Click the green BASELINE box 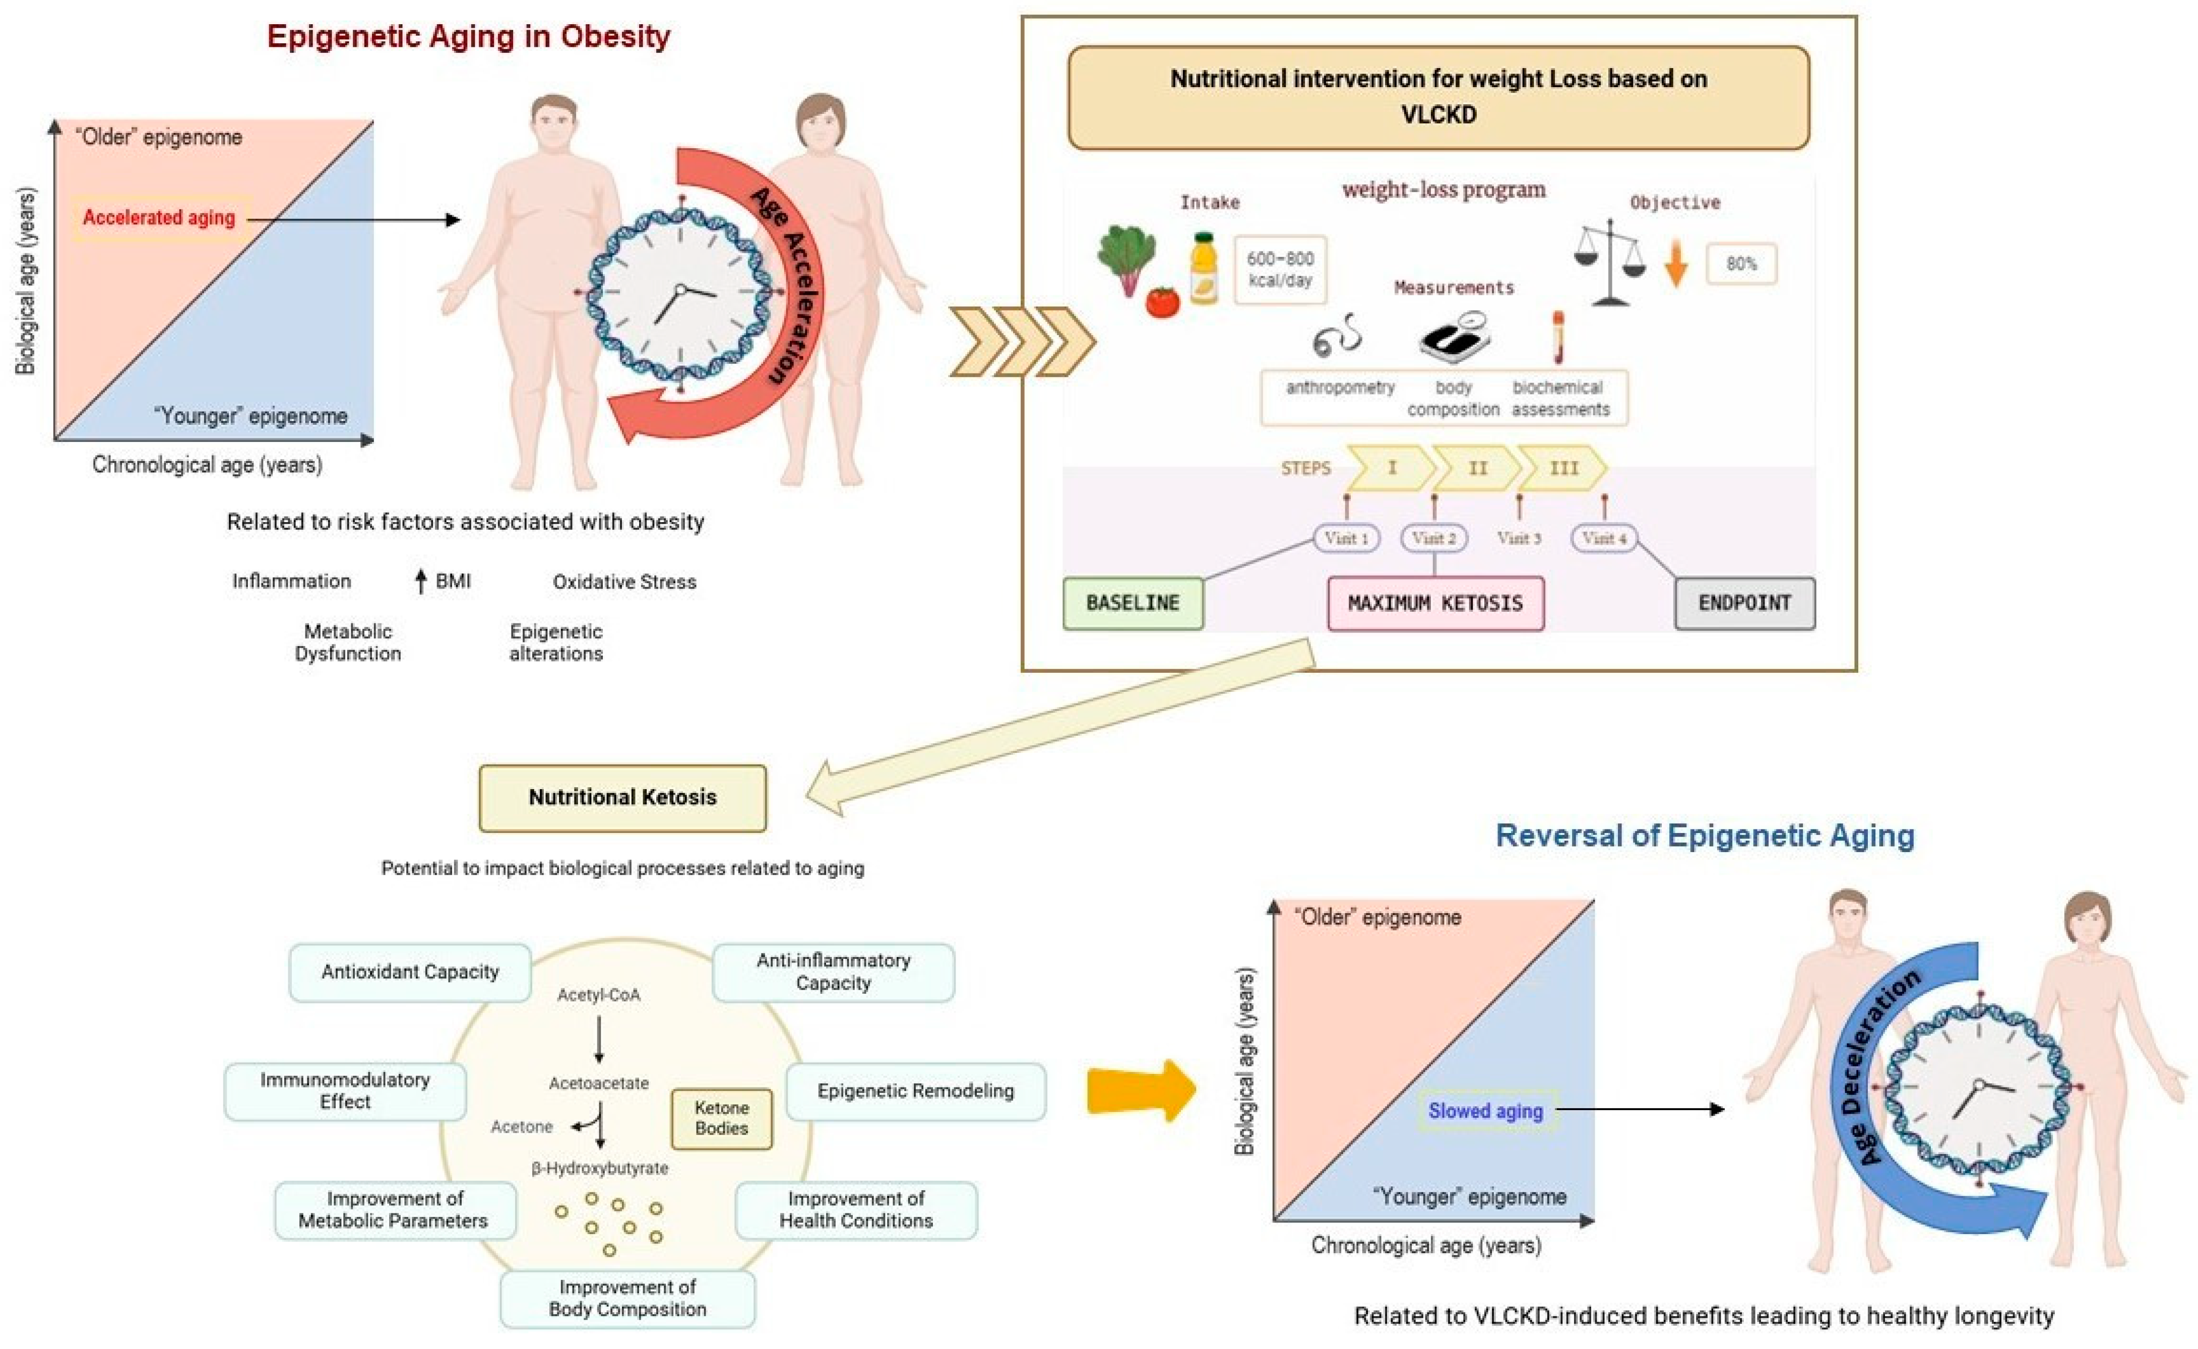[1133, 603]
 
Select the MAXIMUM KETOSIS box [1435, 603]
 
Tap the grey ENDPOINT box [1744, 603]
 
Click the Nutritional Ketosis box [622, 798]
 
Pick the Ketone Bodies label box [721, 1118]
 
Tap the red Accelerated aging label [159, 218]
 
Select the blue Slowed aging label [1486, 1111]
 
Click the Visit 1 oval [1346, 538]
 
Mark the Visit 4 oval [1604, 538]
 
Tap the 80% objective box [1741, 264]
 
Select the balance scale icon [1610, 263]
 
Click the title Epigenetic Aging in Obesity [469, 37]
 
